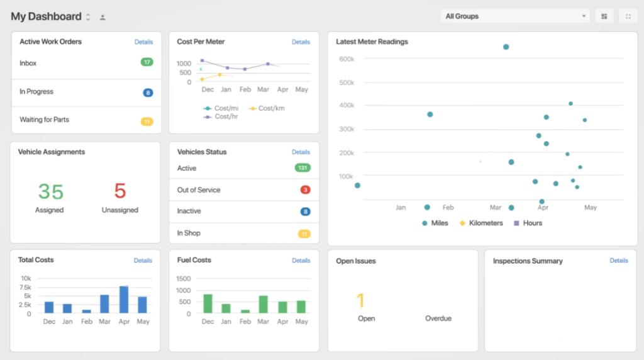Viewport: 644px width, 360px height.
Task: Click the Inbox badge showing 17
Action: click(147, 62)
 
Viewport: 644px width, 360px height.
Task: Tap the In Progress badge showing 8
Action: click(148, 93)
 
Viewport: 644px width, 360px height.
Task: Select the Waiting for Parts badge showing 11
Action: click(147, 121)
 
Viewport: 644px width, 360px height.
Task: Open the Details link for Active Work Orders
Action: click(143, 42)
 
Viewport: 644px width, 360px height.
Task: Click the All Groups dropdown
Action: click(515, 16)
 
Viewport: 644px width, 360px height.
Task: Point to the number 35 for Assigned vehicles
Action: click(50, 191)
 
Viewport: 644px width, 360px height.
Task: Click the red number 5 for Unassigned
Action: click(120, 191)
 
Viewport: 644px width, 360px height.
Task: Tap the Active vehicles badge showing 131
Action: click(303, 168)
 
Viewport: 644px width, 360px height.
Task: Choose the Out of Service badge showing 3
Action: click(305, 189)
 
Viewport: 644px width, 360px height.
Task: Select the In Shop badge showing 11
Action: click(304, 233)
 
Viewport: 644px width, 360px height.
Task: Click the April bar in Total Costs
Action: click(124, 300)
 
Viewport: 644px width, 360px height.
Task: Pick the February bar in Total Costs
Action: click(86, 311)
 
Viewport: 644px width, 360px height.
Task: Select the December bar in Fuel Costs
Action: click(208, 303)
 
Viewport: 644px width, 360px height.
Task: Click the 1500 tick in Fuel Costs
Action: click(184, 278)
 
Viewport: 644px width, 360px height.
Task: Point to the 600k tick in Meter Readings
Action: click(347, 59)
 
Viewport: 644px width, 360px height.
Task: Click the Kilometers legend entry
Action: click(481, 223)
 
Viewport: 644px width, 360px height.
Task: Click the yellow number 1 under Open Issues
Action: click(360, 301)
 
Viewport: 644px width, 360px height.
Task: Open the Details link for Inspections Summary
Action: click(619, 261)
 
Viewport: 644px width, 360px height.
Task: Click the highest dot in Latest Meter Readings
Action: click(506, 47)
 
